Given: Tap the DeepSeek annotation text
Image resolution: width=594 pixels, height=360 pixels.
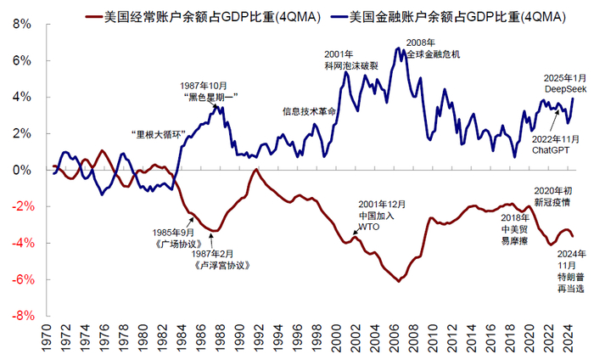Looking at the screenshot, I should click(x=565, y=88).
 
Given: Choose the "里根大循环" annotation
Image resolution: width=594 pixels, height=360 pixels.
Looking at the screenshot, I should click(x=159, y=134).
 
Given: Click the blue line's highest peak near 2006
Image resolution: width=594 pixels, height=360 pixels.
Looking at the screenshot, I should click(x=397, y=48).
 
